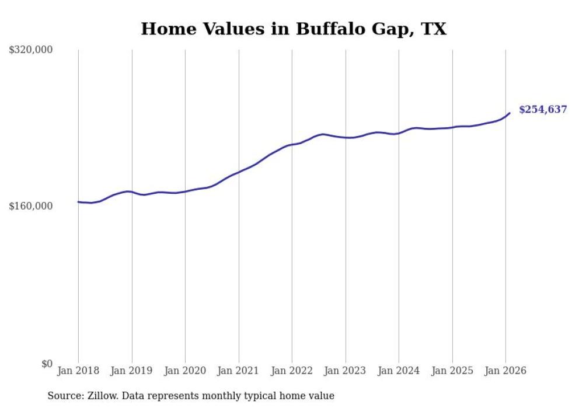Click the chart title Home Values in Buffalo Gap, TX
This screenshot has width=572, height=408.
point(294,29)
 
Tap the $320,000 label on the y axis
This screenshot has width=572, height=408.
point(31,50)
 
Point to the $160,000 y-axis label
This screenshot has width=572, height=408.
point(31,206)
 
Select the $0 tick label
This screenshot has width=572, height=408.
point(47,364)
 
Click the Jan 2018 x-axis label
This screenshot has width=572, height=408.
point(78,371)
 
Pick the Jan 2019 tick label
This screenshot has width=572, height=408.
point(131,371)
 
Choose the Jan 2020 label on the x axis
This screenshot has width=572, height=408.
point(185,371)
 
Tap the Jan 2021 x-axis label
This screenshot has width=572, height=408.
point(238,371)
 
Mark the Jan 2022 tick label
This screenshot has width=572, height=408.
point(292,371)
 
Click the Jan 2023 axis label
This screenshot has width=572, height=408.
point(346,371)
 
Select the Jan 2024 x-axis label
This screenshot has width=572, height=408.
point(399,371)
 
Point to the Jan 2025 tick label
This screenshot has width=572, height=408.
point(452,371)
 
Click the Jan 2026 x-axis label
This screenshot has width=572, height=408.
point(505,371)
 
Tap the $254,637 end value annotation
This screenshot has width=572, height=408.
point(543,109)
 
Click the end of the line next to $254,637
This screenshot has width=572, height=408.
point(510,113)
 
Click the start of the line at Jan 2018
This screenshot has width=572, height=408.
point(79,202)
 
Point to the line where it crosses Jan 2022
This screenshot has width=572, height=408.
point(292,144)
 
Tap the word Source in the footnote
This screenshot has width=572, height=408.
point(64,396)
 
